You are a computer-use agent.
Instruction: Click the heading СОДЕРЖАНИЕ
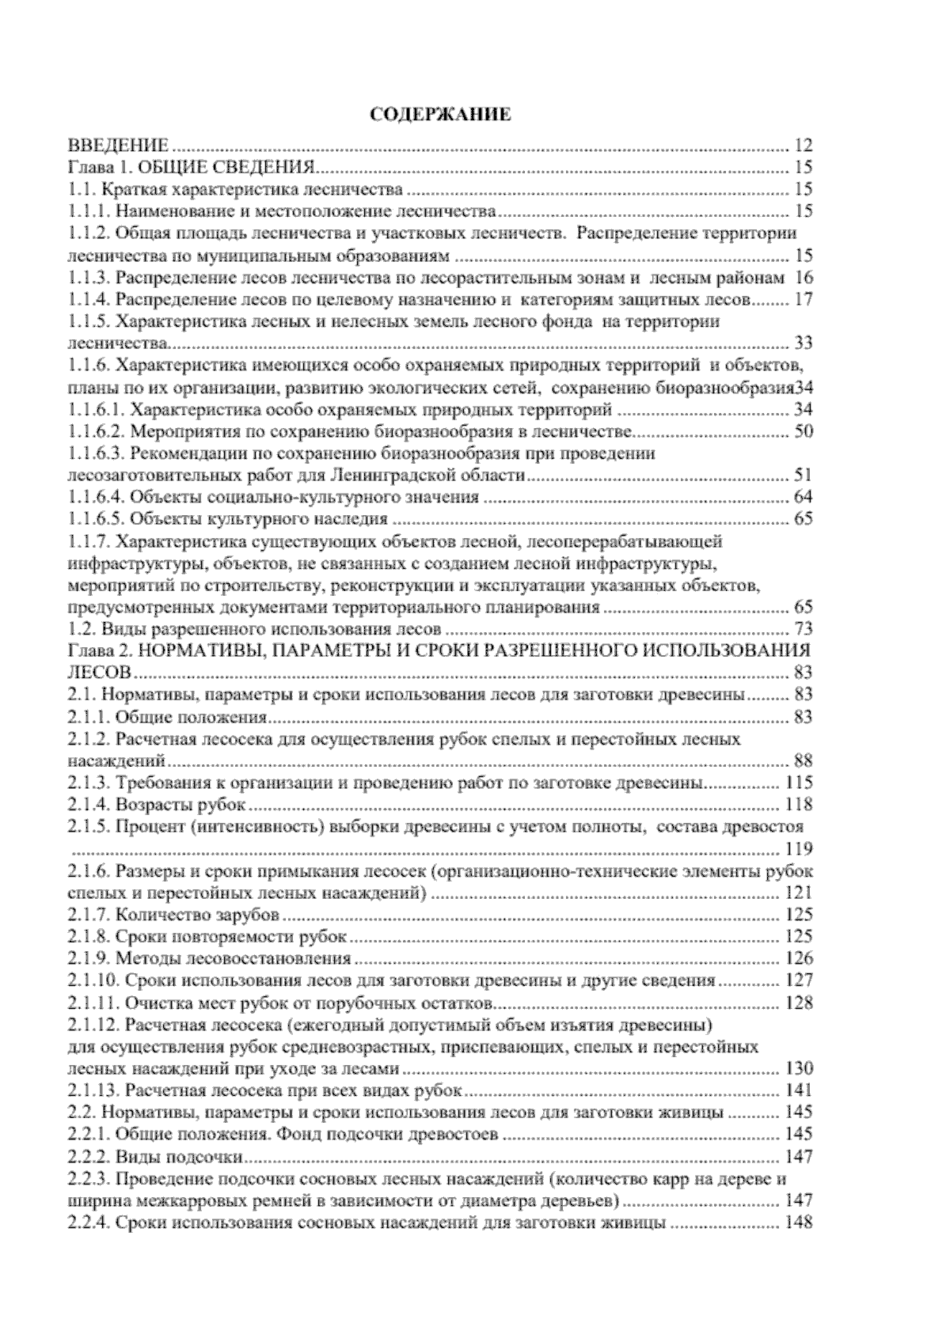[x=442, y=115]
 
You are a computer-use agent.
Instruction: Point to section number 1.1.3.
[x=89, y=278]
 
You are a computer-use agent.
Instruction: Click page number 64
[x=802, y=498]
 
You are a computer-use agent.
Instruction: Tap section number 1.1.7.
[x=89, y=542]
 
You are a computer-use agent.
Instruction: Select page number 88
[x=802, y=761]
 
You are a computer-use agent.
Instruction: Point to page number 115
[x=798, y=783]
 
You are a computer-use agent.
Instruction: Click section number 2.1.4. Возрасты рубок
[x=89, y=806]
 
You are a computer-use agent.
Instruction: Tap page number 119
[x=798, y=850]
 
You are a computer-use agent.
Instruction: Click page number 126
[x=798, y=959]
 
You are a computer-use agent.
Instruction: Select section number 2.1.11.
[x=93, y=1003]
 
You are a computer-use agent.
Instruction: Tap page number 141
[x=798, y=1091]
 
